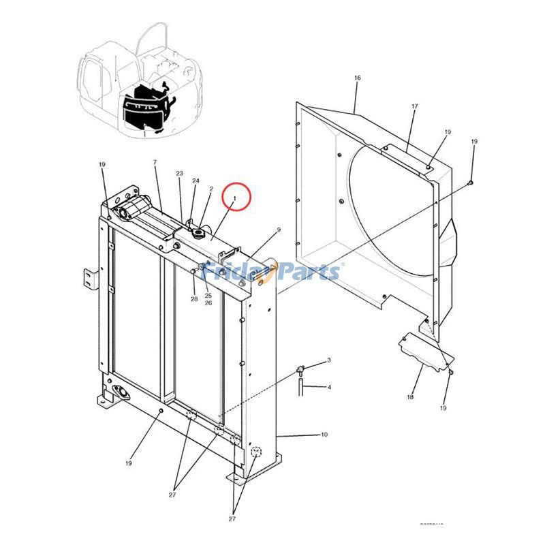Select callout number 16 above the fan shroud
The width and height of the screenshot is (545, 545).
click(357, 78)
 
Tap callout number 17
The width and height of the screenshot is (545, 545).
click(414, 107)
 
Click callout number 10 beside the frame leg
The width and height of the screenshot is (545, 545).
click(324, 435)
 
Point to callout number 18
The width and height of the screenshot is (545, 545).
click(411, 396)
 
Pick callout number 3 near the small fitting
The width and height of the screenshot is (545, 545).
click(328, 360)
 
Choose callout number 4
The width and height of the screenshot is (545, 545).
click(328, 388)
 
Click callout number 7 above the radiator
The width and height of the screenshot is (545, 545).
click(155, 162)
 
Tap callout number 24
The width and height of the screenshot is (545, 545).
click(196, 181)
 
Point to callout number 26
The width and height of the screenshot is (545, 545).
click(208, 303)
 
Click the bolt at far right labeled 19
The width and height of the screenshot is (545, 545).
click(471, 182)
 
